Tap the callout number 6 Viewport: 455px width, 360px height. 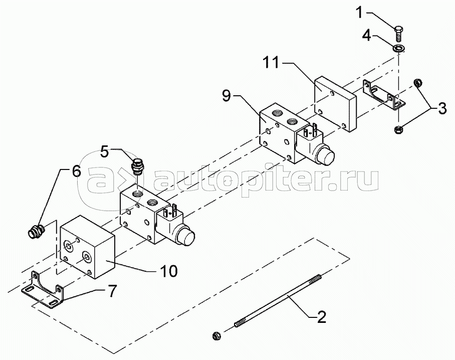tap(76, 171)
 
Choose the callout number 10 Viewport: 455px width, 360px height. tap(169, 271)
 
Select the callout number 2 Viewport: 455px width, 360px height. tap(321, 316)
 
